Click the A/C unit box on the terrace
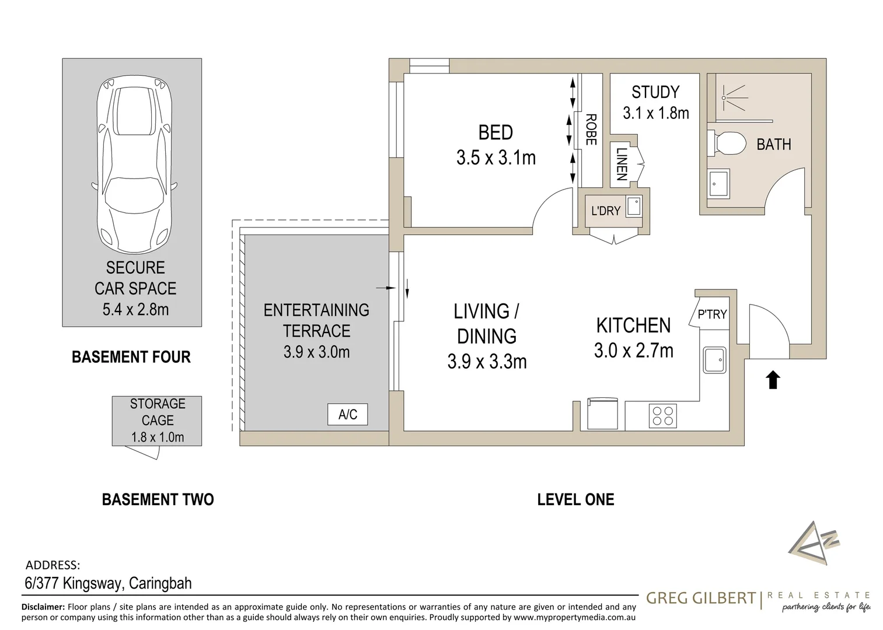[x=347, y=414]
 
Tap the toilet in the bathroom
[x=726, y=143]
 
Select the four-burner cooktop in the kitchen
[x=662, y=416]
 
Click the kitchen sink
[x=715, y=360]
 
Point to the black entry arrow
[x=773, y=379]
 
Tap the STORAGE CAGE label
[x=158, y=412]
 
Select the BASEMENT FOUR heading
[x=131, y=357]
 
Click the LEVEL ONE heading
[x=575, y=499]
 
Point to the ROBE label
[x=591, y=129]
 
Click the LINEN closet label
[x=622, y=164]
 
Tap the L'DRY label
[x=605, y=211]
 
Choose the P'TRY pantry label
[x=712, y=314]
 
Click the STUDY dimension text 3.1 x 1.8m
[x=655, y=113]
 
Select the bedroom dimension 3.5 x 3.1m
[x=496, y=157]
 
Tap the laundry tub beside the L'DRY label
[x=634, y=206]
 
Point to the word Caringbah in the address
[x=160, y=583]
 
